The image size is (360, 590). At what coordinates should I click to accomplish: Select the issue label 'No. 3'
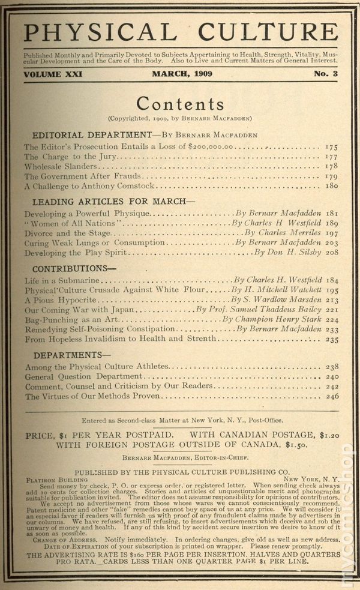coord(325,74)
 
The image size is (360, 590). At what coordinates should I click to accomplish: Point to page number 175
coord(331,146)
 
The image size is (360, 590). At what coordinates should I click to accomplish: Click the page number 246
coord(332,396)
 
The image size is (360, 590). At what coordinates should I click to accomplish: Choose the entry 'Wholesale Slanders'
coord(60,166)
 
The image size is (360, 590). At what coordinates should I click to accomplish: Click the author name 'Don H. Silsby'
coord(296,253)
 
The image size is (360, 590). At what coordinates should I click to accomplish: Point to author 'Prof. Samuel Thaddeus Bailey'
coord(258,310)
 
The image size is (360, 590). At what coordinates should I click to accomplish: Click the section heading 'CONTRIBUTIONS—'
coord(74,269)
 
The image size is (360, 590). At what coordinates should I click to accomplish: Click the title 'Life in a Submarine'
coord(62,280)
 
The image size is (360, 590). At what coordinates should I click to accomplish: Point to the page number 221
coord(332,310)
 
